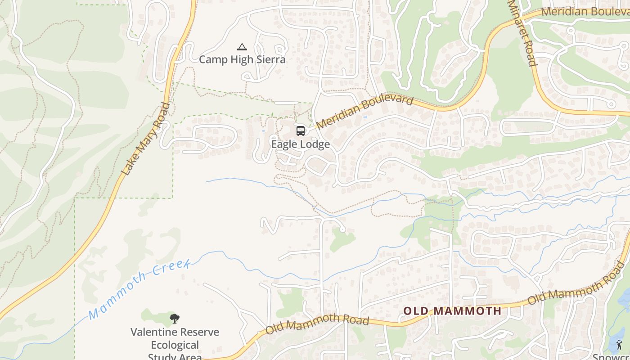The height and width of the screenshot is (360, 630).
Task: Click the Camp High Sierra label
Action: click(242, 59)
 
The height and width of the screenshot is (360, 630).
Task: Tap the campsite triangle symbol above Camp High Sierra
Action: click(242, 47)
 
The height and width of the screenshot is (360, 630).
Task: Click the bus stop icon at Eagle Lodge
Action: click(300, 131)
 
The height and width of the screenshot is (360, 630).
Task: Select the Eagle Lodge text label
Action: click(300, 144)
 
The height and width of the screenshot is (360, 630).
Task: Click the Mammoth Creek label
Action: click(139, 288)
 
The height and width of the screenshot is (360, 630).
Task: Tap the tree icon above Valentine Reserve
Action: click(175, 319)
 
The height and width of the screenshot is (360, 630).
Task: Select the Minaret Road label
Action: click(522, 32)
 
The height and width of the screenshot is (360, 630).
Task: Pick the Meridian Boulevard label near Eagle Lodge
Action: click(364, 111)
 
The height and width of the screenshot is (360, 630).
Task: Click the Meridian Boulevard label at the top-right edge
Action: click(585, 11)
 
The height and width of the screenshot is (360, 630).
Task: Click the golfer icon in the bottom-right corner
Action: click(619, 345)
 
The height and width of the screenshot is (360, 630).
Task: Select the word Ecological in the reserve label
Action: click(175, 345)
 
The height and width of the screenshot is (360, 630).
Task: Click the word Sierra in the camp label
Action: click(269, 59)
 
